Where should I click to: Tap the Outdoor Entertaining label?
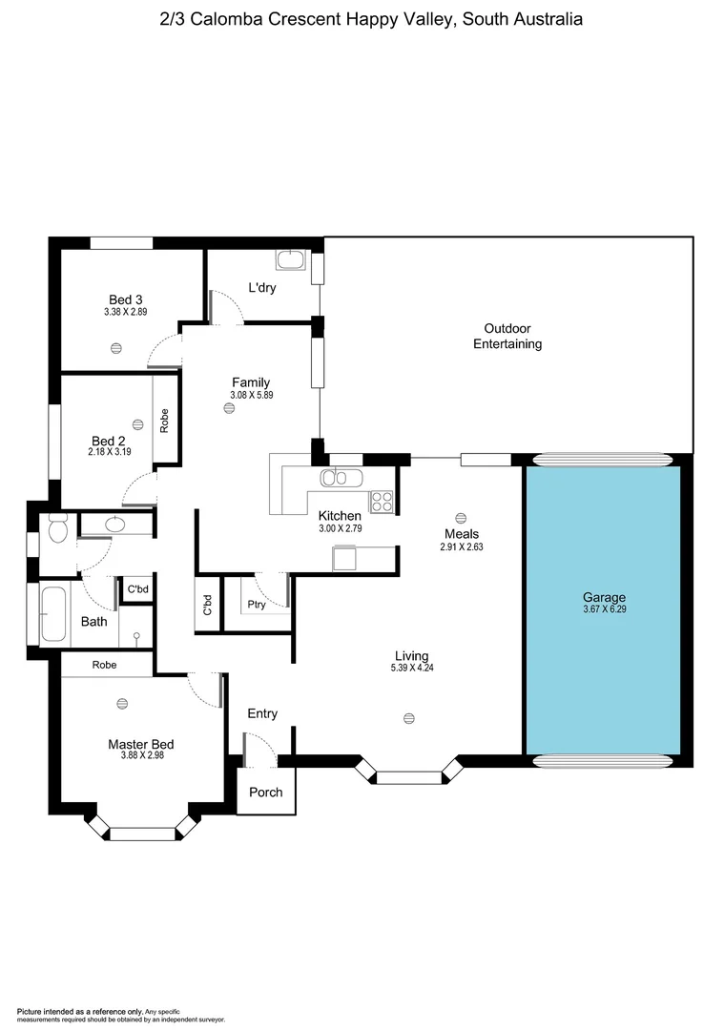[507, 336]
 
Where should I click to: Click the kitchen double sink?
[335, 477]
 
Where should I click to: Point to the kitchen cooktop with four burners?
[382, 501]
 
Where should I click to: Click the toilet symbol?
[56, 527]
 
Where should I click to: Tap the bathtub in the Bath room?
[53, 613]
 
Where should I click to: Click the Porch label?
[265, 793]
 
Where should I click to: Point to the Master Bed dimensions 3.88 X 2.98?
[141, 754]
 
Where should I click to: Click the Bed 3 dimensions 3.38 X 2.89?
[125, 312]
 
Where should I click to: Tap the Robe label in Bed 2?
[165, 421]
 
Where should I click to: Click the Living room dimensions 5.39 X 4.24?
[411, 668]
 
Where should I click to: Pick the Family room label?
[251, 382]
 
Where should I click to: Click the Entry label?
[262, 713]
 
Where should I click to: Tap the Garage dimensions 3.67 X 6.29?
[606, 609]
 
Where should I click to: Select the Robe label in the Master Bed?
[105, 665]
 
